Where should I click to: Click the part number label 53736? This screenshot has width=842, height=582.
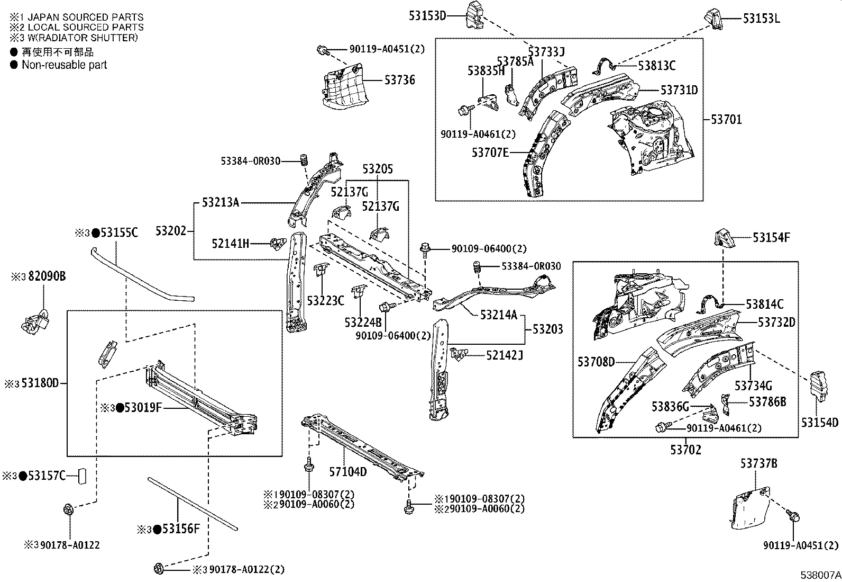click(x=399, y=80)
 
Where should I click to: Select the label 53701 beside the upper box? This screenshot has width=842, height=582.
click(x=726, y=120)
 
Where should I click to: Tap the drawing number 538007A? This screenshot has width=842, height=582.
click(x=820, y=575)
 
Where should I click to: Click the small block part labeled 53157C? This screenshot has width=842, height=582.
click(x=81, y=476)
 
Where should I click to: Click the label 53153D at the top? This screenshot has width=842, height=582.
click(x=427, y=16)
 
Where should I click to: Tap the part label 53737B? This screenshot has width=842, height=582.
click(x=758, y=463)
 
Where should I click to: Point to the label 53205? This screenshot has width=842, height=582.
click(x=378, y=169)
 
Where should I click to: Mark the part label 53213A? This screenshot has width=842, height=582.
click(x=221, y=202)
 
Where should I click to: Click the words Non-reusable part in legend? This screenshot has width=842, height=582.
click(x=64, y=65)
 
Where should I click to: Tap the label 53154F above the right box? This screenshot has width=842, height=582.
click(x=771, y=238)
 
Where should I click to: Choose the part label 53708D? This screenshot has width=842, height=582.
click(x=596, y=362)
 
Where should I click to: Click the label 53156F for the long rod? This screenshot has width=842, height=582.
click(x=179, y=529)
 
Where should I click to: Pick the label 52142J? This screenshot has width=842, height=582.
click(x=505, y=355)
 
